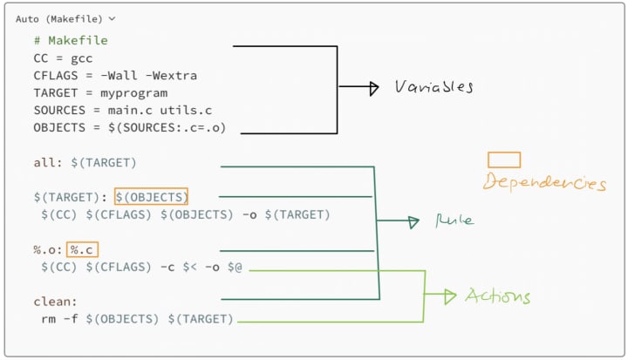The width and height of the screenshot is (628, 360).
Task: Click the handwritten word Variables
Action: click(x=433, y=86)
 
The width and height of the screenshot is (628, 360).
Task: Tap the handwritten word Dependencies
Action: click(x=544, y=182)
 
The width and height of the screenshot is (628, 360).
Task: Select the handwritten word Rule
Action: click(x=454, y=220)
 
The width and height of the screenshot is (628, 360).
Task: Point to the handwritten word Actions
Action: click(x=497, y=295)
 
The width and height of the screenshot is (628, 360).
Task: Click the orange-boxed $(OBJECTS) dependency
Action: click(x=151, y=197)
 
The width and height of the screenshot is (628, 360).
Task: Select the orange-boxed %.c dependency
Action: click(x=82, y=250)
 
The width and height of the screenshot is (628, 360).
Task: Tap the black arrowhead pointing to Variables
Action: click(x=373, y=88)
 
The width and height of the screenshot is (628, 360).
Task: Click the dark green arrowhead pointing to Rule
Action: click(x=413, y=222)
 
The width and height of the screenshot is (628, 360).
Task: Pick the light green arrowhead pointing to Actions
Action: click(x=450, y=296)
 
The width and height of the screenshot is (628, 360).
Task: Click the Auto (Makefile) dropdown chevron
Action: click(x=112, y=18)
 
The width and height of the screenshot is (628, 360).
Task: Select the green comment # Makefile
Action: click(x=71, y=40)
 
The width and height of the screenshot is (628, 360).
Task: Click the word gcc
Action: click(x=82, y=58)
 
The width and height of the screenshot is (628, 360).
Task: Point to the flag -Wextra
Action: click(x=171, y=75)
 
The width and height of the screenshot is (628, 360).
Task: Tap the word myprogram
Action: click(x=133, y=93)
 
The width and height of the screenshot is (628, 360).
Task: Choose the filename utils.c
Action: click(x=186, y=110)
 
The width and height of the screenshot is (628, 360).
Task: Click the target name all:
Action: click(x=48, y=163)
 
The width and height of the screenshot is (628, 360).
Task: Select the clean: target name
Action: click(x=55, y=301)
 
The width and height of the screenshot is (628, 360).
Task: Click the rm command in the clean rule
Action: click(x=49, y=319)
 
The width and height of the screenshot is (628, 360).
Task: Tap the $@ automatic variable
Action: click(x=235, y=267)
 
